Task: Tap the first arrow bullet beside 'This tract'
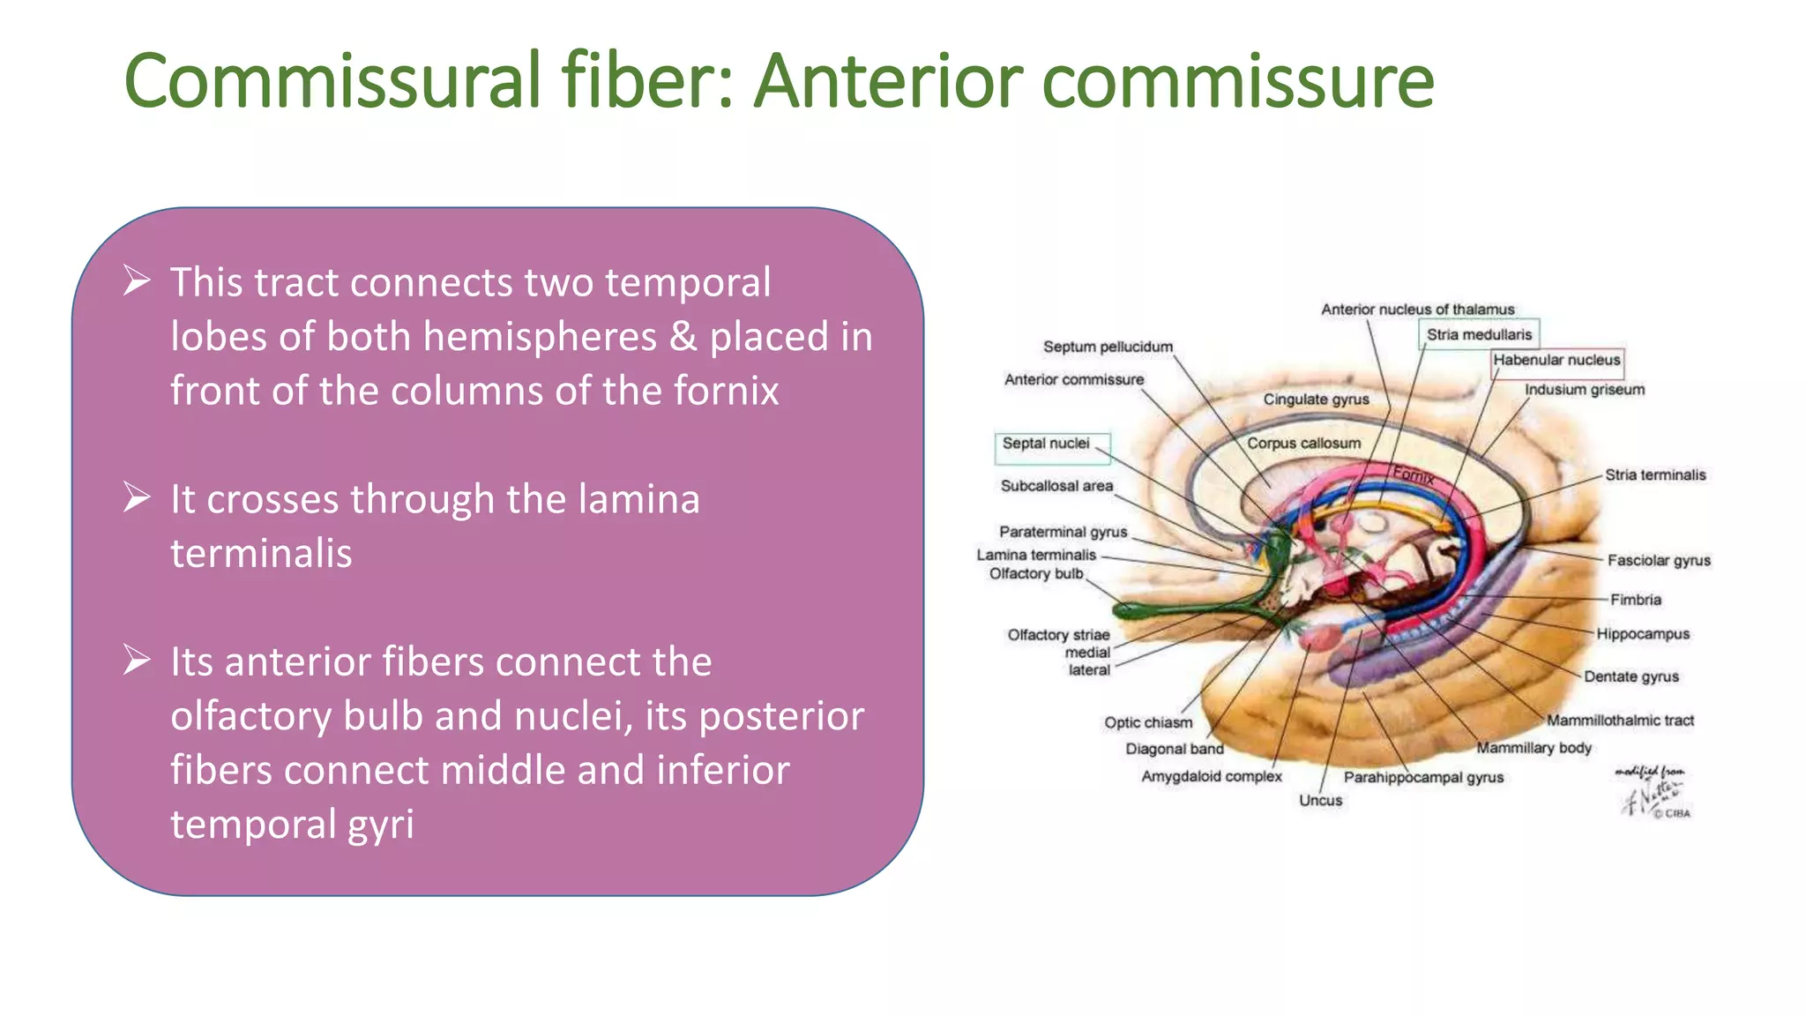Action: (x=137, y=281)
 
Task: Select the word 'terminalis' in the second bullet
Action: (x=261, y=554)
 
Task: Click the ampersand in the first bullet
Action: (x=683, y=337)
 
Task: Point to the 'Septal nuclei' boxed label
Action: (x=1047, y=444)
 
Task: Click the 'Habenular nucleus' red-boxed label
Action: (x=1556, y=360)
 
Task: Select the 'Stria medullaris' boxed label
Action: (x=1479, y=334)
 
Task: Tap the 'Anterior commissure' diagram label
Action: (x=1073, y=379)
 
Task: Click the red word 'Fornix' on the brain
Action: (x=1413, y=475)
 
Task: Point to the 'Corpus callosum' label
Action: (x=1303, y=443)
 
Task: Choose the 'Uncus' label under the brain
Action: (x=1320, y=800)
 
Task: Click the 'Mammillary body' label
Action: (x=1534, y=748)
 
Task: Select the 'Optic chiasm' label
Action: (x=1147, y=722)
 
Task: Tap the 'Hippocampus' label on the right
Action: (x=1642, y=634)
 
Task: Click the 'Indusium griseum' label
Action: (x=1584, y=390)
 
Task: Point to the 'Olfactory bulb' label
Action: (x=1035, y=573)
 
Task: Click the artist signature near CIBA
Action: (x=1651, y=792)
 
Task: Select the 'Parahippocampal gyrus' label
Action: (x=1422, y=777)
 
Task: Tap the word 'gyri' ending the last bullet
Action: (x=380, y=825)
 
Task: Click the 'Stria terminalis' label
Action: (x=1654, y=474)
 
